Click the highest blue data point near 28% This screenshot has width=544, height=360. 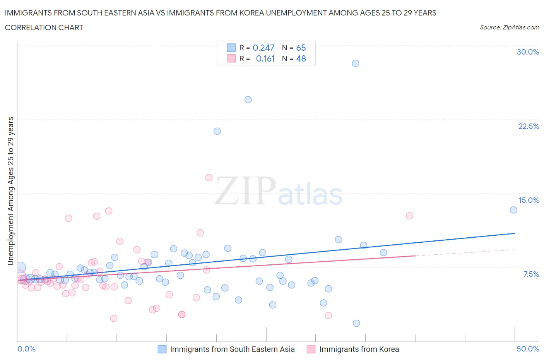[x=355, y=63]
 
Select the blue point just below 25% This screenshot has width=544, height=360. [x=248, y=100]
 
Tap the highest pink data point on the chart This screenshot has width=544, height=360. [x=209, y=178]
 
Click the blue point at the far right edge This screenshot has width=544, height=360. [x=513, y=210]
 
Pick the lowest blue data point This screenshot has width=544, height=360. [x=356, y=323]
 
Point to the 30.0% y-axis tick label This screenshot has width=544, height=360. [x=528, y=52]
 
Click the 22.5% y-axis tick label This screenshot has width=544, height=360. [x=529, y=127]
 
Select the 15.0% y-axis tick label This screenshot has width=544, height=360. [x=529, y=201]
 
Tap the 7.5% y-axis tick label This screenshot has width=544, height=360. [x=531, y=274]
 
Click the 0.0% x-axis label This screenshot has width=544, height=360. [x=27, y=349]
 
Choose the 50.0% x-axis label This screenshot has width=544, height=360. [x=528, y=349]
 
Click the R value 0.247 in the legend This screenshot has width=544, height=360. [x=263, y=48]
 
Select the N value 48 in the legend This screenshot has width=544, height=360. [x=301, y=59]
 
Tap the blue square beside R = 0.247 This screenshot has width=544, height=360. [x=231, y=48]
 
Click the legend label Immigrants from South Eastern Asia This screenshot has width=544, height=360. [x=232, y=350]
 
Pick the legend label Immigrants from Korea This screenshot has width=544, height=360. [x=359, y=350]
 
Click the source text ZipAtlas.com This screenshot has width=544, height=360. [x=520, y=27]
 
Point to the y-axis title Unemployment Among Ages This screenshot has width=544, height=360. [x=11, y=191]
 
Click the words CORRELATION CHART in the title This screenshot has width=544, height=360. [x=44, y=28]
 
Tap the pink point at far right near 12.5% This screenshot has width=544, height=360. [x=409, y=216]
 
